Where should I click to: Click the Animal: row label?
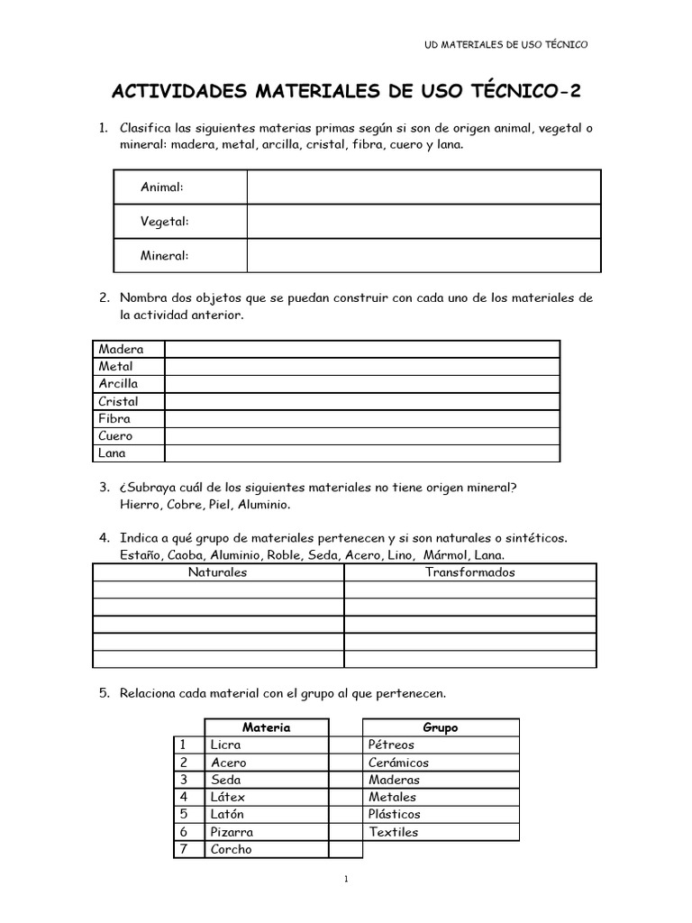tap(162, 187)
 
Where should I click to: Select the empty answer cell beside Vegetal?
tap(423, 221)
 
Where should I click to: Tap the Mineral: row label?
tap(165, 255)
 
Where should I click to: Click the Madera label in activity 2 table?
tap(121, 349)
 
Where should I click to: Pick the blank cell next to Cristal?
tap(361, 401)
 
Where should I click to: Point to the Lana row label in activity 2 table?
tap(113, 453)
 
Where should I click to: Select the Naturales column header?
tap(217, 572)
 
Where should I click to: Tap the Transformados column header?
tap(469, 572)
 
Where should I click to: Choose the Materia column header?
tap(266, 727)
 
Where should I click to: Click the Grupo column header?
tap(441, 727)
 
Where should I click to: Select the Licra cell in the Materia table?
tap(225, 745)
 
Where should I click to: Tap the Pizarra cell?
tap(232, 832)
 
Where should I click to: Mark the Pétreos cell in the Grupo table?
tap(392, 745)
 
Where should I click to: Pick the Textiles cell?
tap(394, 832)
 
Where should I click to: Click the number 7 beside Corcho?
tap(183, 849)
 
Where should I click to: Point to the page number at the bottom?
tap(346, 880)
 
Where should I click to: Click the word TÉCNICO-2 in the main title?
tap(519, 92)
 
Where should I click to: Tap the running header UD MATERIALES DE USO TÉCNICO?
tap(505, 43)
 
